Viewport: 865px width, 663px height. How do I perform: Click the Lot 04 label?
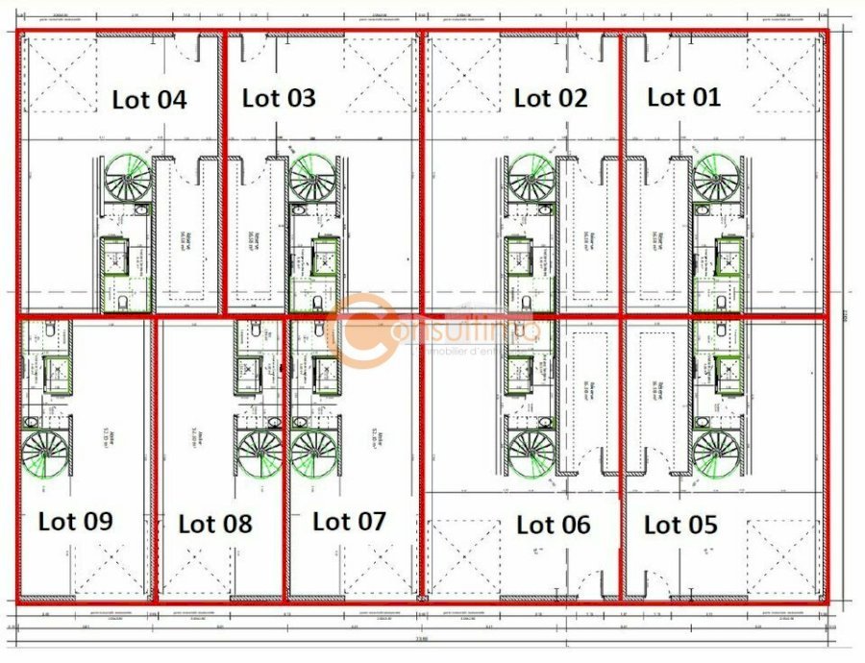149,100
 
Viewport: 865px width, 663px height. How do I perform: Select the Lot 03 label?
279,98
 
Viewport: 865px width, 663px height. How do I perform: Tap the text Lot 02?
550,98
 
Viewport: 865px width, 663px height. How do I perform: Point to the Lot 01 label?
683,97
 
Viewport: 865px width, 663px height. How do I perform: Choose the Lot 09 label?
76,522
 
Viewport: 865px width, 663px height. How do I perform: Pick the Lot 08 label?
215,524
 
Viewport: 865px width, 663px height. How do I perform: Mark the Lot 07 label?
349,522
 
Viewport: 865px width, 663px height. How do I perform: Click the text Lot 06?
553,526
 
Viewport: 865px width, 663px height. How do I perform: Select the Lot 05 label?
680,526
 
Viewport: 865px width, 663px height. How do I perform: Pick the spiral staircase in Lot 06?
531,454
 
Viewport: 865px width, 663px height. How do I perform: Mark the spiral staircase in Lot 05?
717,454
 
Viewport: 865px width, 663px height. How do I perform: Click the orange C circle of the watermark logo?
362,331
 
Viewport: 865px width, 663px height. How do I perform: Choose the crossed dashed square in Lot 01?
782,73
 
